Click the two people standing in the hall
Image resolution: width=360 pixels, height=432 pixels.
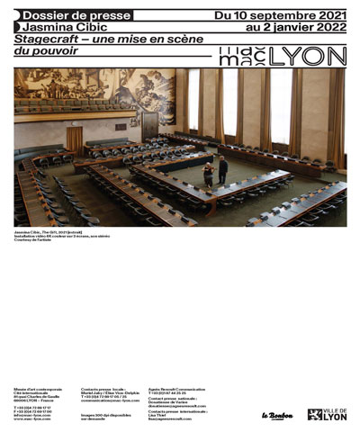[215, 171]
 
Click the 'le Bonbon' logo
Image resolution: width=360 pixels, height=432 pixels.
[277, 415]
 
